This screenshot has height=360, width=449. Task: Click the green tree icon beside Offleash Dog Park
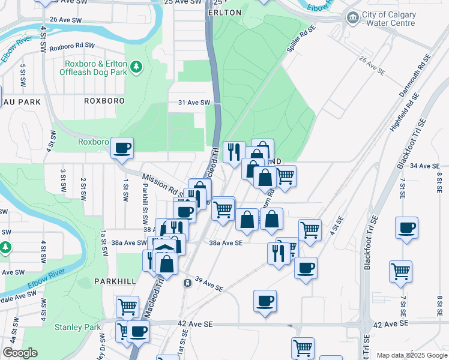[x=137, y=67]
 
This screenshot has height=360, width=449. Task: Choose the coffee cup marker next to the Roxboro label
[x=122, y=148]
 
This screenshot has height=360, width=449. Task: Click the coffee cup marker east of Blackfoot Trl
[x=407, y=228]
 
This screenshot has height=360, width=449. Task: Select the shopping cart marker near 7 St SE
[x=400, y=271]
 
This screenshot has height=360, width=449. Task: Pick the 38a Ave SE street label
[x=226, y=243]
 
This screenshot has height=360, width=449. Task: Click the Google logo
[x=20, y=353]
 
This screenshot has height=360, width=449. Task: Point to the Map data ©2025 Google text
[x=412, y=355]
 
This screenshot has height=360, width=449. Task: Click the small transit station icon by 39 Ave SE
[x=188, y=282]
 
